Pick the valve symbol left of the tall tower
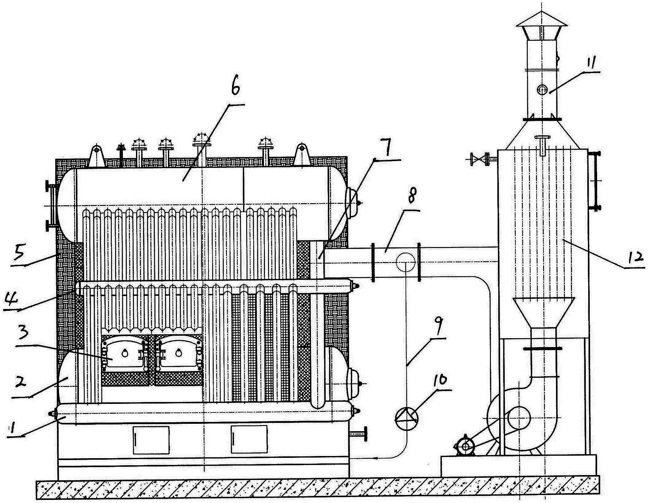click(x=478, y=160)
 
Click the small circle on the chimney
click(x=542, y=89)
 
